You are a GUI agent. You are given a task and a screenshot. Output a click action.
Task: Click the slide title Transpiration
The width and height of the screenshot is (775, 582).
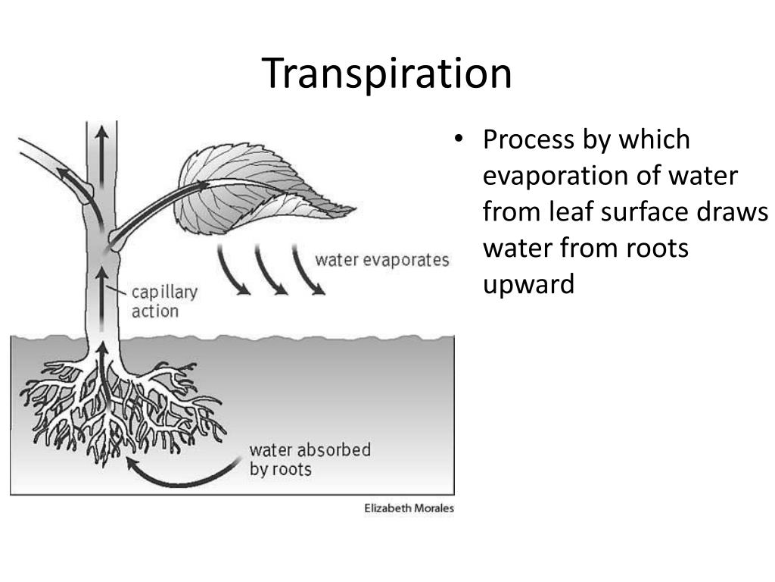click(387, 74)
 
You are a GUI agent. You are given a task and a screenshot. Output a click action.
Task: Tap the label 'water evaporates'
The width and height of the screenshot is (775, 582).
click(381, 260)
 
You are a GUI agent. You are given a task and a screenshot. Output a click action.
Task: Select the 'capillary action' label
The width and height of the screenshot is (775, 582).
click(164, 301)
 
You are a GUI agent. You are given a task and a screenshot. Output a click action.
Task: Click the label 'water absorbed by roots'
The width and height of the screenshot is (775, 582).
click(310, 458)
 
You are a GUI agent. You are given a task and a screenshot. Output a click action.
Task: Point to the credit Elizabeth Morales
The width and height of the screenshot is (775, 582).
click(409, 508)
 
